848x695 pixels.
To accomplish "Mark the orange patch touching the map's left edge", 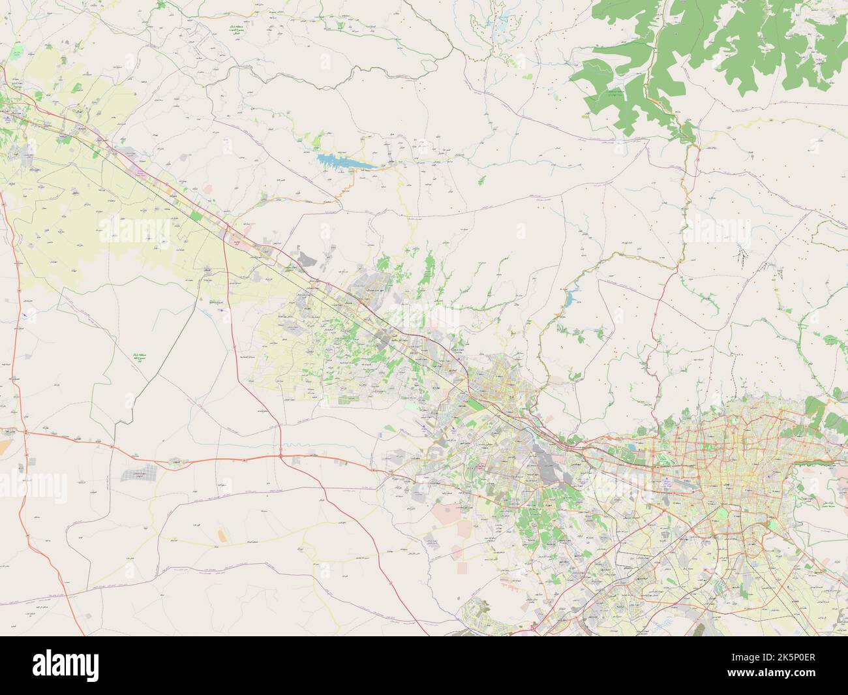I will point(5,446).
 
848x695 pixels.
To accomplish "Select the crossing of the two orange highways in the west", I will point(25,432).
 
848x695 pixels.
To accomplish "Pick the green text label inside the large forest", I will point(612,96).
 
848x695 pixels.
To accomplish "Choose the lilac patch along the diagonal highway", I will point(139,172).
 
